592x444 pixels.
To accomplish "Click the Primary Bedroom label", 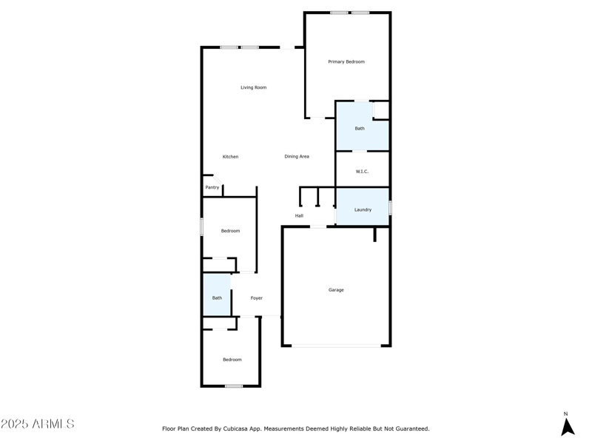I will coord(346,61).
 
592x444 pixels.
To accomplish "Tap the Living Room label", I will coord(253,87).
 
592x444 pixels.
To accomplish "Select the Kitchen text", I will coord(230,157).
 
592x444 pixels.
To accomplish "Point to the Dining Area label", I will coord(297,157).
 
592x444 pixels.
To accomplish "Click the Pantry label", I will coord(212,187).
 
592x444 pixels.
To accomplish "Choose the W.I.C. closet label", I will coord(362,172).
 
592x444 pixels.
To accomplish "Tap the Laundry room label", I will coord(363,209).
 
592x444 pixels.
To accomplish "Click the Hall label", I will coord(299,216).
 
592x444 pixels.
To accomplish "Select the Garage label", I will coord(336,290).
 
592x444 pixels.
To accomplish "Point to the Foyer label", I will coord(256,298).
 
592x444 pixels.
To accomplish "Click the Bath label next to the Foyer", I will coord(217,298).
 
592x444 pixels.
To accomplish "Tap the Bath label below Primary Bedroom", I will coord(360,129).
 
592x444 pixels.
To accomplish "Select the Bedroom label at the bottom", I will coord(232,360).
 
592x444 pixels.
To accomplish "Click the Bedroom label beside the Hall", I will coord(230,231).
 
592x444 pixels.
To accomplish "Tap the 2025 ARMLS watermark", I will coord(38,424).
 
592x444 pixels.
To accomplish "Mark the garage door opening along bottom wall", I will coord(336,346).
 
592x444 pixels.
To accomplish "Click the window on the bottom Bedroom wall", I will coord(234,386).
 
